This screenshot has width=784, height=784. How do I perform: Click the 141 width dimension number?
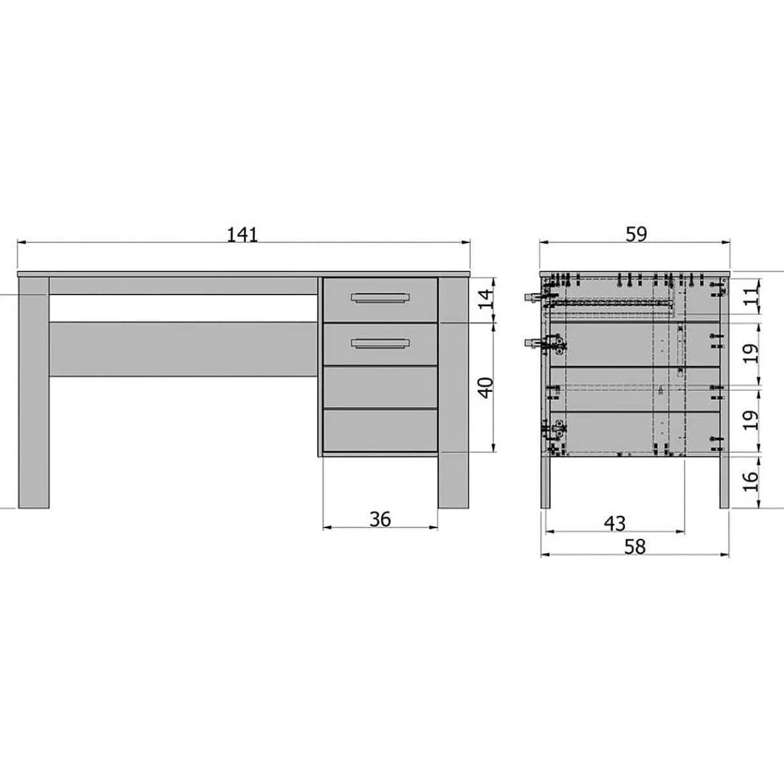243,235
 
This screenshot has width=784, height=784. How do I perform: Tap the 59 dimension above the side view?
636,235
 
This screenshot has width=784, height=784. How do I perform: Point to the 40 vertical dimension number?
486,388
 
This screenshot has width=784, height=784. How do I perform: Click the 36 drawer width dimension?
380,519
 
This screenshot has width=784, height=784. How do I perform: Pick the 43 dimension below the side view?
615,524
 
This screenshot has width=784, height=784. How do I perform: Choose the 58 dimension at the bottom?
635,547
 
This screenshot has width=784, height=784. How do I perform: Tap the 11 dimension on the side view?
752,295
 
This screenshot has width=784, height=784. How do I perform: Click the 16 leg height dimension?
752,481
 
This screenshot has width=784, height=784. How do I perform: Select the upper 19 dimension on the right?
752,353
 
